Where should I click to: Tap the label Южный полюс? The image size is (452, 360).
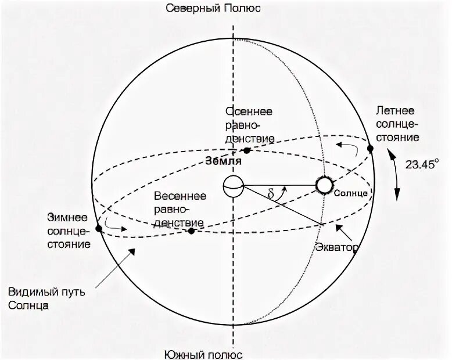[x=203, y=352]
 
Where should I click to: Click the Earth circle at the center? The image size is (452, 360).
[x=233, y=186]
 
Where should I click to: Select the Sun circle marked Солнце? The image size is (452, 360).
[x=324, y=185]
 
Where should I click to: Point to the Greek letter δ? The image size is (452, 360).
[x=271, y=194]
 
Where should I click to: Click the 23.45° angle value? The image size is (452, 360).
[x=421, y=164]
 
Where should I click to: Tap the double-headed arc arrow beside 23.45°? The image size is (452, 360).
[x=397, y=177]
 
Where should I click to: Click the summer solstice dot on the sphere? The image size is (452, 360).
[x=370, y=149]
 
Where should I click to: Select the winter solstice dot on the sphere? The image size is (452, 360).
[x=98, y=228]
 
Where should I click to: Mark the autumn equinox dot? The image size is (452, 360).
[x=247, y=150]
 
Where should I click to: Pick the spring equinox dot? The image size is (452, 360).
[x=191, y=231]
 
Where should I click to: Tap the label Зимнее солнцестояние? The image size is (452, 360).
[x=69, y=231]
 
